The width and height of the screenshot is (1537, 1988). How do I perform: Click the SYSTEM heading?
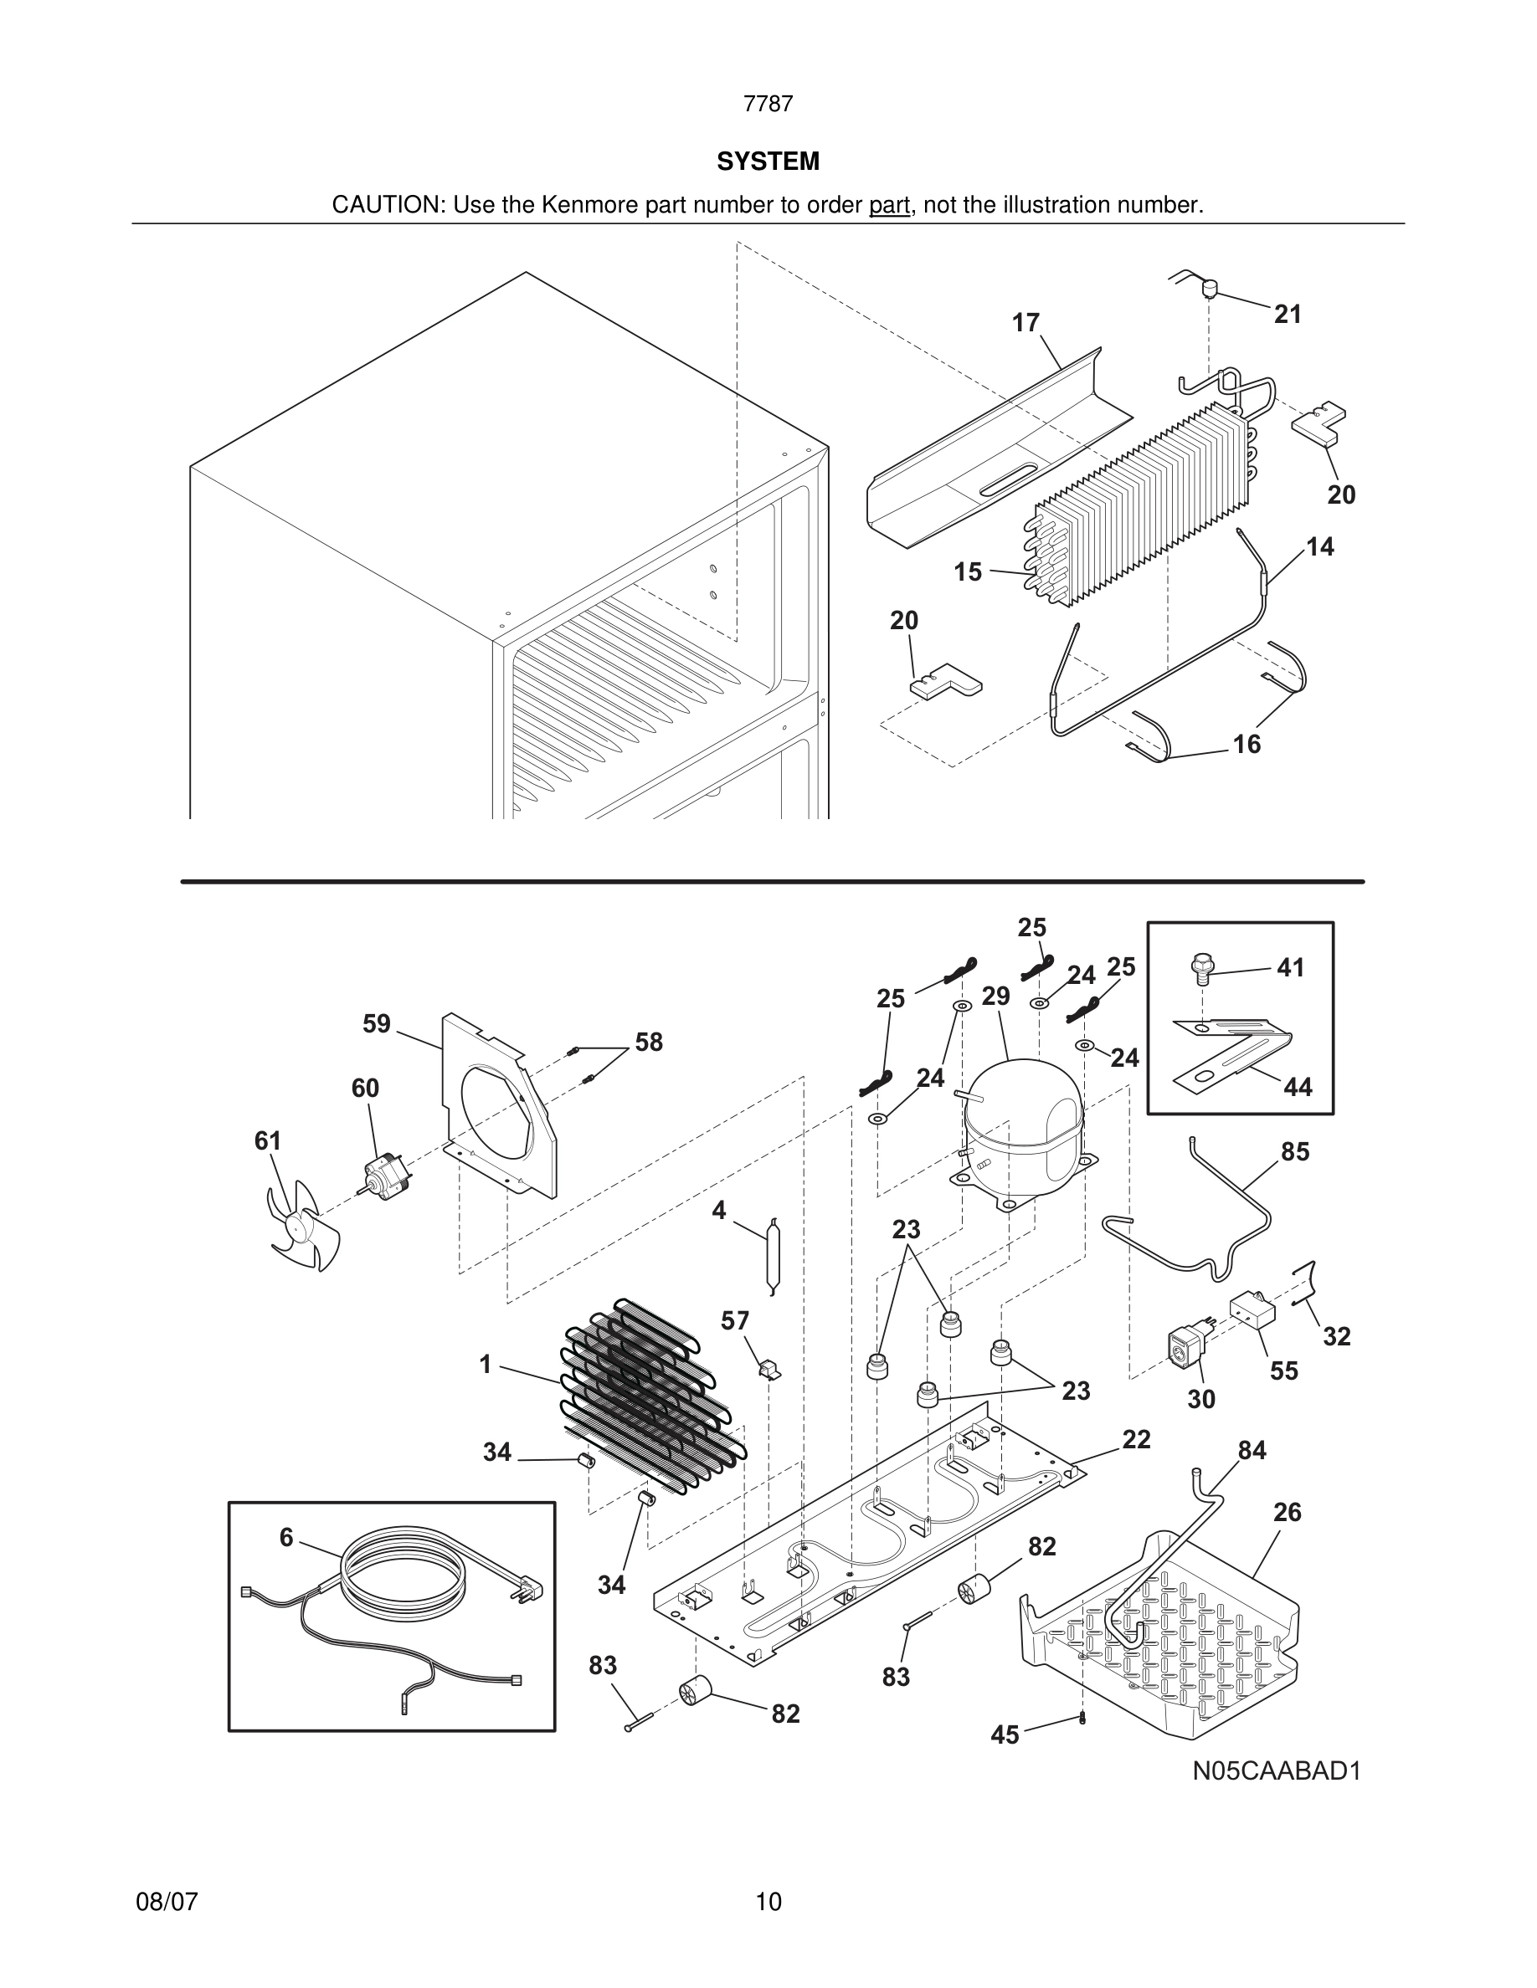pos(768,161)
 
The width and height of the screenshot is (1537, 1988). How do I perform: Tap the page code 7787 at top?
pos(768,104)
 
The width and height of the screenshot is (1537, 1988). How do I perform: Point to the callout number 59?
pos(376,1024)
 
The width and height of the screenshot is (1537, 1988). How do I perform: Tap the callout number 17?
pos(1026,323)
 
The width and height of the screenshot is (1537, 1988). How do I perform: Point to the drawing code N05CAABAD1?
pos(1277,1770)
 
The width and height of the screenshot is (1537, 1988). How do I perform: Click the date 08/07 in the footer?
pos(167,1902)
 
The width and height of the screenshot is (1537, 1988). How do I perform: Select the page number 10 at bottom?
pos(768,1902)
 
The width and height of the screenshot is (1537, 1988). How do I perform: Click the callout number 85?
pos(1295,1151)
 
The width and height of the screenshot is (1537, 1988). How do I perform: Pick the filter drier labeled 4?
pos(772,1256)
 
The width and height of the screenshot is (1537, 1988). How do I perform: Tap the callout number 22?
pos(1136,1439)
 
